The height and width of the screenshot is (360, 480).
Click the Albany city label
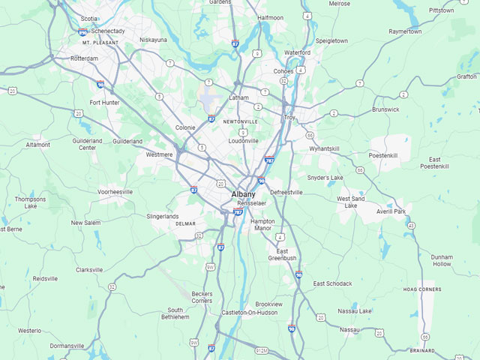(x=243, y=194)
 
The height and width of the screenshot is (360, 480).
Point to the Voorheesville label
(x=115, y=192)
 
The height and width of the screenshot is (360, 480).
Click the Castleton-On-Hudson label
(x=249, y=312)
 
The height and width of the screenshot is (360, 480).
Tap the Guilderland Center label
(x=88, y=144)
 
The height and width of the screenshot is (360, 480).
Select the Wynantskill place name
(x=324, y=149)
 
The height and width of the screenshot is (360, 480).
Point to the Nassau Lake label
(x=355, y=310)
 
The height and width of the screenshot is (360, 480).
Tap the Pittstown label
(x=441, y=10)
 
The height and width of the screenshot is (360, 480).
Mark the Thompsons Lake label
(x=30, y=202)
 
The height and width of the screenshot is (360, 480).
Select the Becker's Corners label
(x=202, y=297)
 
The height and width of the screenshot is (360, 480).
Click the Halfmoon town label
(x=270, y=17)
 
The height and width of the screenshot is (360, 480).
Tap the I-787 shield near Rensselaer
(x=238, y=212)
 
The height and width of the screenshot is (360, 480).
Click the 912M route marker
(x=261, y=349)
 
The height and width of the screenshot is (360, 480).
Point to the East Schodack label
(x=332, y=283)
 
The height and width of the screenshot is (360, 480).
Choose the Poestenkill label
(x=382, y=155)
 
